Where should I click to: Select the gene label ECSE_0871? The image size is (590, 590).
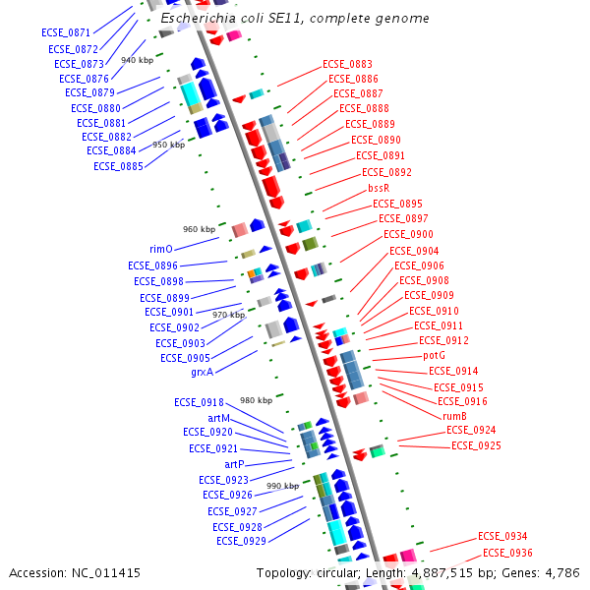66,33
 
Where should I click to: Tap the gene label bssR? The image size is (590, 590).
379,188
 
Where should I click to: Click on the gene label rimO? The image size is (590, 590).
161,250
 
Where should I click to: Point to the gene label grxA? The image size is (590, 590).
202,372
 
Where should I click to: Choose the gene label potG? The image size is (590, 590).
434,355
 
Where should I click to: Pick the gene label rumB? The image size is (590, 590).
454,416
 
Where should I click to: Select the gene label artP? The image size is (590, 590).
234,464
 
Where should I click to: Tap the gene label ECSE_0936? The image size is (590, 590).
507,553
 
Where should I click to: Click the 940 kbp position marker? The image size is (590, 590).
138,60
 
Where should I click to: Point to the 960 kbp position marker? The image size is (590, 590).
199,229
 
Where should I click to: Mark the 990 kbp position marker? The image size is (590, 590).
282,486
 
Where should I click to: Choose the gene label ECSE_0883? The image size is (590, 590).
347,64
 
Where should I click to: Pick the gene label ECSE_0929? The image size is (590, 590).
241,541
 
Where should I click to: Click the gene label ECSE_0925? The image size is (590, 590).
476,445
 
